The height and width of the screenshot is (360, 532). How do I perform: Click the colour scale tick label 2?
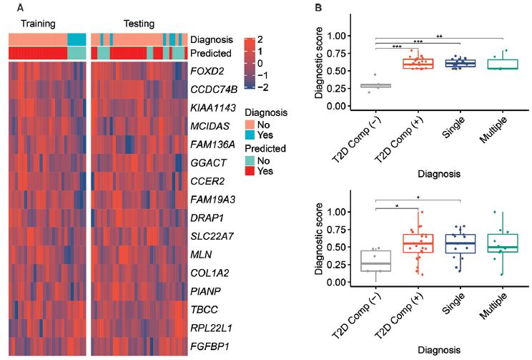tap(264, 39)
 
